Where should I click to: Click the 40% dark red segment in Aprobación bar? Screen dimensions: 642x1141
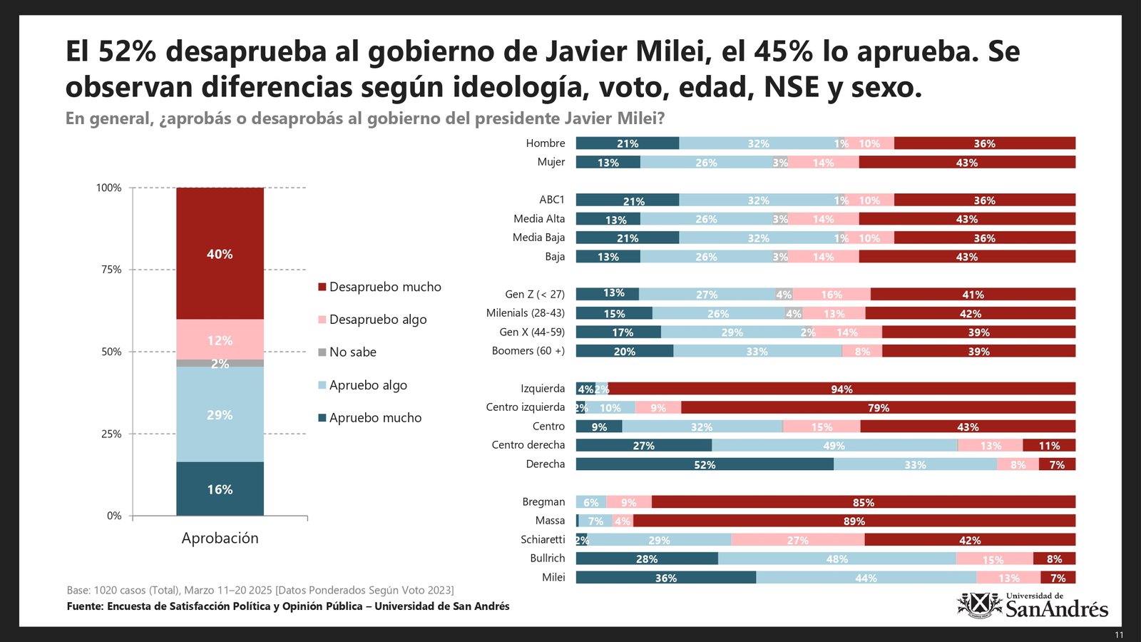tap(220, 254)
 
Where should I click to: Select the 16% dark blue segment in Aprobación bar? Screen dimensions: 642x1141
tap(220, 489)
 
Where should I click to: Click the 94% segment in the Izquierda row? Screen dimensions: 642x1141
tap(841, 389)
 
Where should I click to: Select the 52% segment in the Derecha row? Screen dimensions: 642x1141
tap(705, 464)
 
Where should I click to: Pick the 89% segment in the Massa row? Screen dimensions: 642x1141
tap(854, 521)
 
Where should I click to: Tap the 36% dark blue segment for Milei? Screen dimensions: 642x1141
tap(665, 578)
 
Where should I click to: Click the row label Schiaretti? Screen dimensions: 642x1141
tap(543, 539)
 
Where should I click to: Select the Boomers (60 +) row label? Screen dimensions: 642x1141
tap(528, 351)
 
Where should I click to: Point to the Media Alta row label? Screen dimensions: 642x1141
tap(539, 219)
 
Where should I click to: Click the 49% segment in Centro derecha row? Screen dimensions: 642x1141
tap(834, 445)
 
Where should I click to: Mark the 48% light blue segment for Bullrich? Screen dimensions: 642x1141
tap(836, 559)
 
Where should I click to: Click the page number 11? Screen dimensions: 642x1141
tap(1119, 635)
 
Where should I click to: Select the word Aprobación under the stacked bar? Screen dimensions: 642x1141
tap(220, 539)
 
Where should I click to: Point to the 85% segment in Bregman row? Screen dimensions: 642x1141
tap(863, 502)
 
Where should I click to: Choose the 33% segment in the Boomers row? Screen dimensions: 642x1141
tap(757, 351)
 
